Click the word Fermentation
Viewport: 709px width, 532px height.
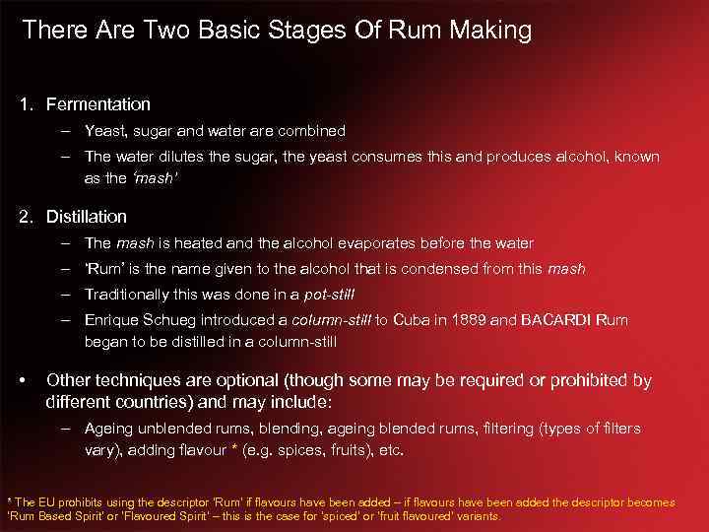[98, 103]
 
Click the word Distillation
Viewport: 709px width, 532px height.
[87, 216]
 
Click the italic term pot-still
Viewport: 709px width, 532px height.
[329, 294]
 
